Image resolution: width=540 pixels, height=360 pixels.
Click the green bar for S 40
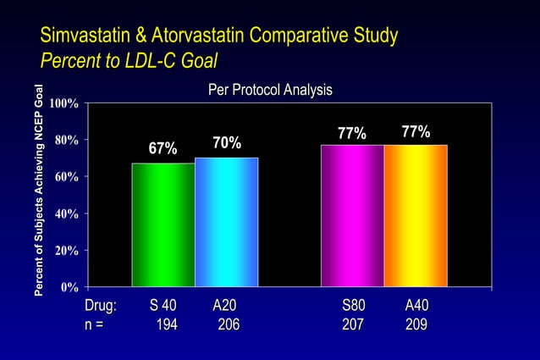(163, 225)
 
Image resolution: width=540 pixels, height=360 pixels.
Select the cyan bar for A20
(227, 223)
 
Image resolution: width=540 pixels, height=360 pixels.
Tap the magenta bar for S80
(352, 216)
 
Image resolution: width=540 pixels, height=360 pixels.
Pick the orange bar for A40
(416, 216)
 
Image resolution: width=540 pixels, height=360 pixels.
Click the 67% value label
(163, 149)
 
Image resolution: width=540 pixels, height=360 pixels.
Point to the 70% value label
(227, 143)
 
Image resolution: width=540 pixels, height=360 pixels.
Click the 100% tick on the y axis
(64, 103)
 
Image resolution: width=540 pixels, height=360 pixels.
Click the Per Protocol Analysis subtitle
(270, 90)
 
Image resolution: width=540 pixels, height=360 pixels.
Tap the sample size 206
(228, 324)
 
